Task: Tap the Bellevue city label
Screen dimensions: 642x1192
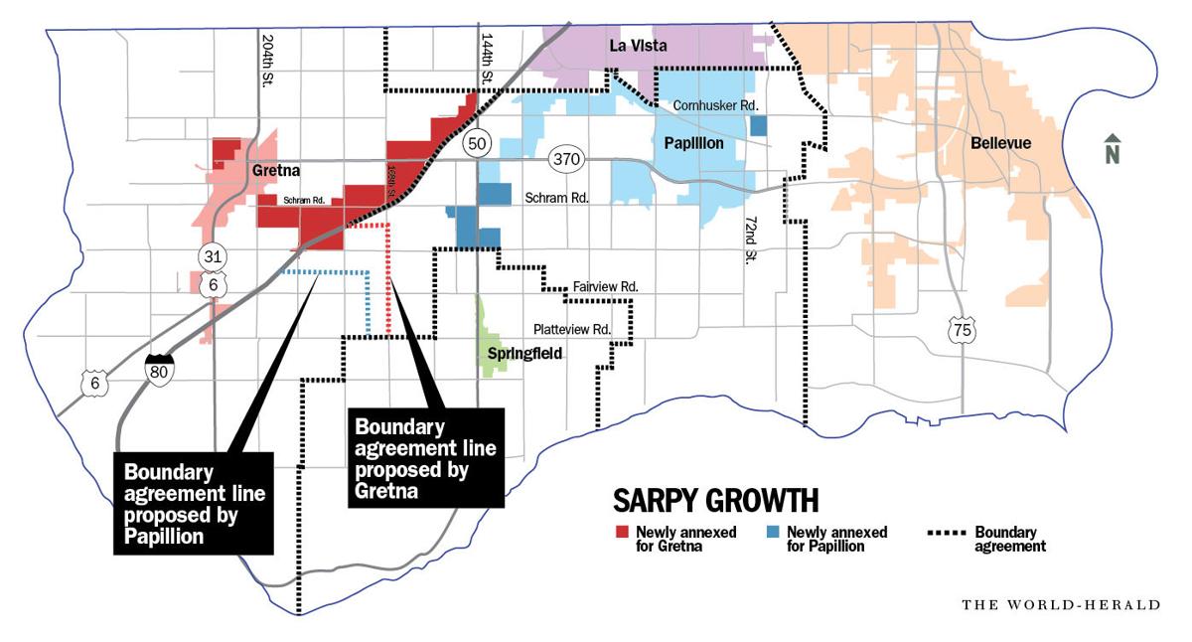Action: (x=1001, y=143)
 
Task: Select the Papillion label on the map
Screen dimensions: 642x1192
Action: (x=693, y=144)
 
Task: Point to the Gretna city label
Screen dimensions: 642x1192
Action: (x=276, y=170)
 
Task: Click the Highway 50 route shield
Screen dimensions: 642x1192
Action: (x=478, y=144)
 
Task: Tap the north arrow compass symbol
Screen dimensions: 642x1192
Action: (x=1113, y=149)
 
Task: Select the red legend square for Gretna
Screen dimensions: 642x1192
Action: (x=621, y=532)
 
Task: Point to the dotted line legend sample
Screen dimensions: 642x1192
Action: (x=945, y=532)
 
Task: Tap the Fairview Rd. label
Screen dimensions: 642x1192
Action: (x=605, y=286)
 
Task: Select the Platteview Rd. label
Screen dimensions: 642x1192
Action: (x=571, y=329)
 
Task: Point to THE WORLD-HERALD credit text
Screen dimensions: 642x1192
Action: (x=1060, y=603)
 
